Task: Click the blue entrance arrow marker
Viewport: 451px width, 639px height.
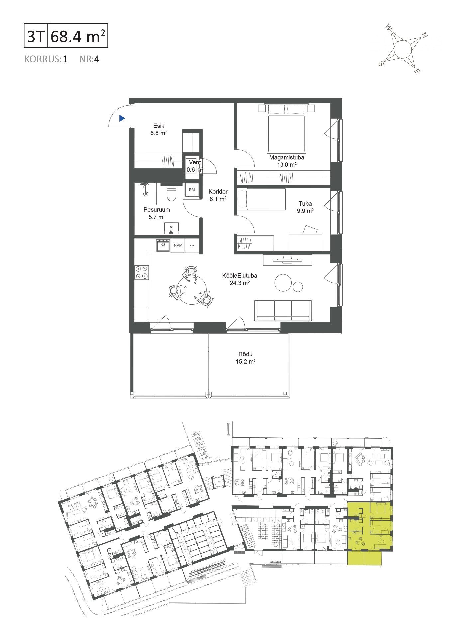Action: tap(122, 118)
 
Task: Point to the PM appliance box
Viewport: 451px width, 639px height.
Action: tap(192, 190)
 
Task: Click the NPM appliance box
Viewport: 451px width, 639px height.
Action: tap(178, 246)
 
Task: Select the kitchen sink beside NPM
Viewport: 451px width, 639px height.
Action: tap(163, 245)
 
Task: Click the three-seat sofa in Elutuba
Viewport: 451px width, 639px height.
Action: tap(283, 311)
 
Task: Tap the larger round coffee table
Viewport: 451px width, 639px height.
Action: tap(283, 283)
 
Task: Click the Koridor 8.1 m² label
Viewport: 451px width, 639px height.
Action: tap(218, 195)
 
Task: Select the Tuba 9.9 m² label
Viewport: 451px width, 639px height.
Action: tap(305, 207)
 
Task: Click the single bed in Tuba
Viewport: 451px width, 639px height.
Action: tap(261, 199)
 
